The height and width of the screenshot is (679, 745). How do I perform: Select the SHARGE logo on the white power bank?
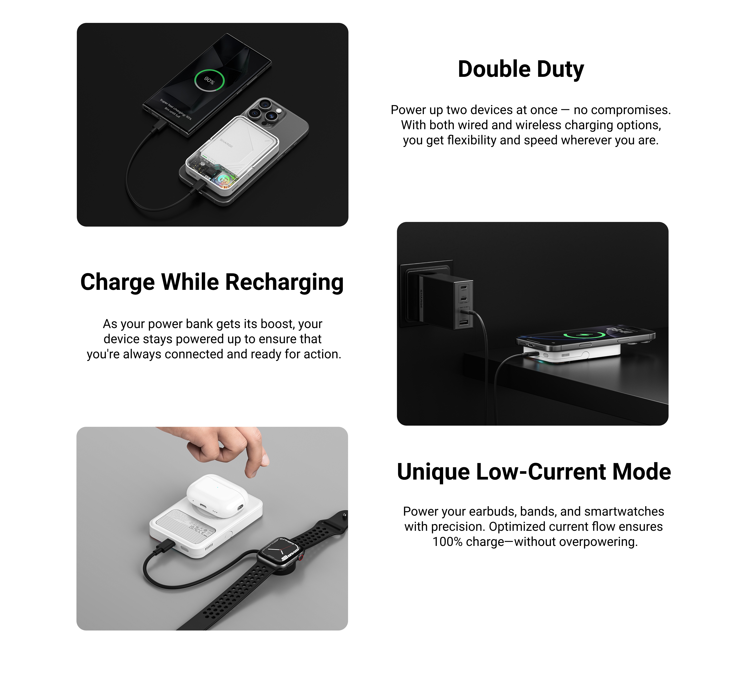[226, 143]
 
